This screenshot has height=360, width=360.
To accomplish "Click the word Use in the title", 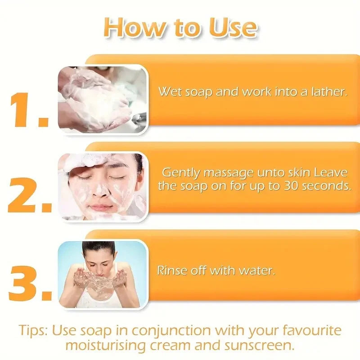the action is [x=233, y=27].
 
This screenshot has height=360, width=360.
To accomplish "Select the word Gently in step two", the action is [x=181, y=173].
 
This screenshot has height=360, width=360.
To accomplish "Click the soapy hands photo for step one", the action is [x=103, y=99].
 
